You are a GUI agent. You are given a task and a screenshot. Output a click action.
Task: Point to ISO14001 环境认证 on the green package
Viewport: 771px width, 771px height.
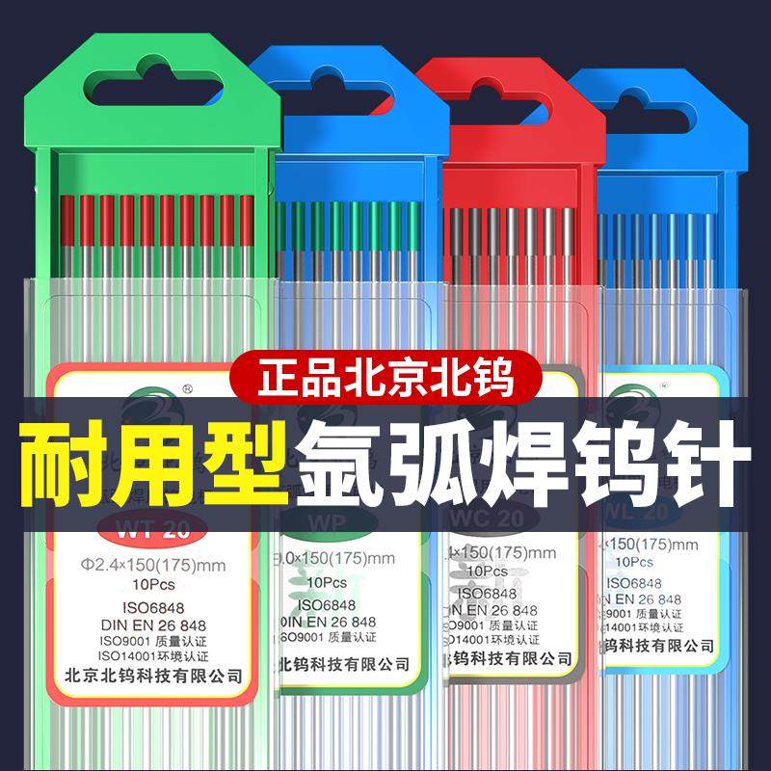(158, 656)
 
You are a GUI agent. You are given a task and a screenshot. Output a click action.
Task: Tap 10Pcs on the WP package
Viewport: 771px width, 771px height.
(328, 583)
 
